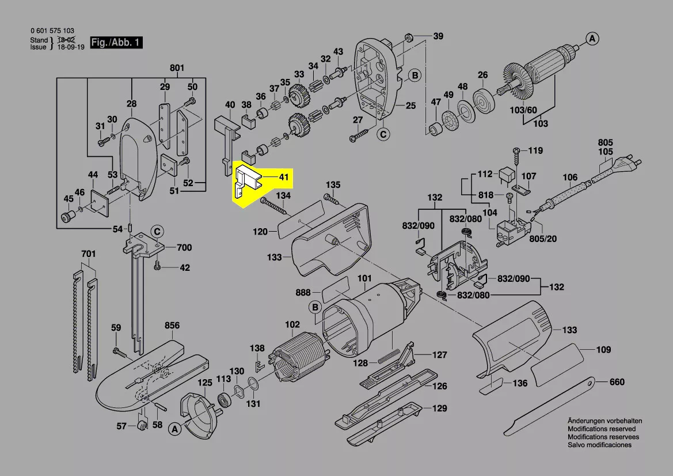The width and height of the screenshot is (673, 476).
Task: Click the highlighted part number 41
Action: [x=283, y=177]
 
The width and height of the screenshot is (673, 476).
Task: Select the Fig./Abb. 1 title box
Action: [x=116, y=43]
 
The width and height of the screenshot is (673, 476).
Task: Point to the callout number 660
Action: [x=617, y=382]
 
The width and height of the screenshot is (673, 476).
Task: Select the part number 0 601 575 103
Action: [x=52, y=31]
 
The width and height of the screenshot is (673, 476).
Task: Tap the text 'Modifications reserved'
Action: [x=602, y=429]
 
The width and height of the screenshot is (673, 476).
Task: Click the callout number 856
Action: [x=172, y=325]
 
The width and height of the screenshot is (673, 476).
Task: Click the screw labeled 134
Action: [x=275, y=208]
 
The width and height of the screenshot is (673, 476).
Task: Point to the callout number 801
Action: [x=177, y=69]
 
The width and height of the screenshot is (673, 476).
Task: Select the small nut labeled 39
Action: [x=409, y=38]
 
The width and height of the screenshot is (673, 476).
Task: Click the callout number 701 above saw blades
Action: [x=88, y=253]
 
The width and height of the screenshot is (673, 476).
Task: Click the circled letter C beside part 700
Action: [x=157, y=232]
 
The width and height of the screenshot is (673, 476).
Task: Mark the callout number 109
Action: [x=603, y=350]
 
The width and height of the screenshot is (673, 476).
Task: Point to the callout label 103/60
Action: [x=523, y=109]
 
